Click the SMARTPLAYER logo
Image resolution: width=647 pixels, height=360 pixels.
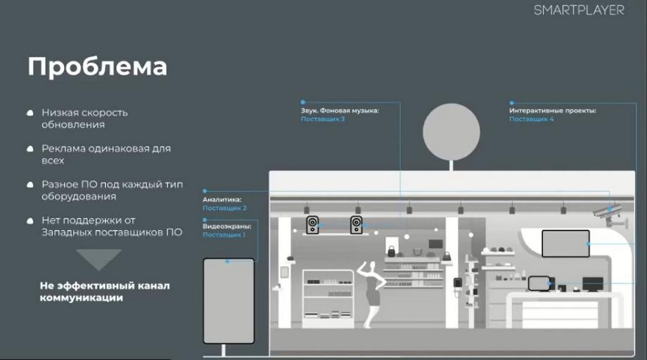tap(579, 10)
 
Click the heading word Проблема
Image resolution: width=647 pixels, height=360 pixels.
tap(97, 66)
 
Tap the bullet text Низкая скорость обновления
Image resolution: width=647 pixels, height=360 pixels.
tap(84, 118)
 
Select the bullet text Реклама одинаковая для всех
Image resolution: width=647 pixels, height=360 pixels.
tap(106, 154)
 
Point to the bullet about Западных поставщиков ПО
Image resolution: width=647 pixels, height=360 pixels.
tap(112, 226)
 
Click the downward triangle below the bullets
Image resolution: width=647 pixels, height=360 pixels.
tap(98, 259)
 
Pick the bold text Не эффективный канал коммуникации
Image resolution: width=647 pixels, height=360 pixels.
tap(105, 292)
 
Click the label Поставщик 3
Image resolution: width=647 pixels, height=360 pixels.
tap(323, 119)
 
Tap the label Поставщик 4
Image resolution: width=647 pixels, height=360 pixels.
tap(531, 119)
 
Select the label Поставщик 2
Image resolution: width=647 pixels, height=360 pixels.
tap(224, 208)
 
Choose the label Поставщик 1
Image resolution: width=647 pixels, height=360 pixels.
tap(224, 235)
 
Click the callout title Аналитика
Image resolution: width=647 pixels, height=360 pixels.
tap(222, 200)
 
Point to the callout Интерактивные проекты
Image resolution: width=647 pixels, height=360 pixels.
tap(553, 110)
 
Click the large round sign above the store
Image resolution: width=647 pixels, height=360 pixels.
tap(451, 132)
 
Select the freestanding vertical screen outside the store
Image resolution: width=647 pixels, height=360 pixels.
tap(229, 301)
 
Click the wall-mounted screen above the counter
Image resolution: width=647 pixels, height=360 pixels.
tap(565, 243)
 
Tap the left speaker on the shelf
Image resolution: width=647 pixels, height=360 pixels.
tap(312, 225)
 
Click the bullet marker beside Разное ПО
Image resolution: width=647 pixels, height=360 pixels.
tap(30, 185)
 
